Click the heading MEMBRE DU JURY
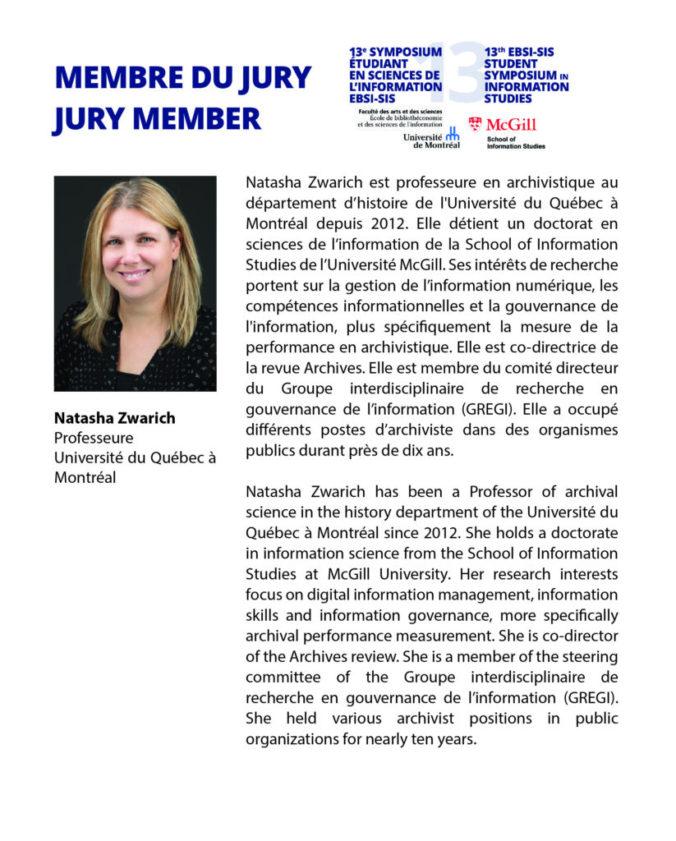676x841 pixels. pyautogui.click(x=182, y=79)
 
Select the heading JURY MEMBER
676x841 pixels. pyautogui.click(x=157, y=118)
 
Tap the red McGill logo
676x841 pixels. pyautogui.click(x=502, y=124)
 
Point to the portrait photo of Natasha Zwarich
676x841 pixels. pyautogui.click(x=136, y=283)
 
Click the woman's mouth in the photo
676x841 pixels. pyautogui.click(x=133, y=274)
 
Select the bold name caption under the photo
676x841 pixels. pyautogui.click(x=114, y=418)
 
